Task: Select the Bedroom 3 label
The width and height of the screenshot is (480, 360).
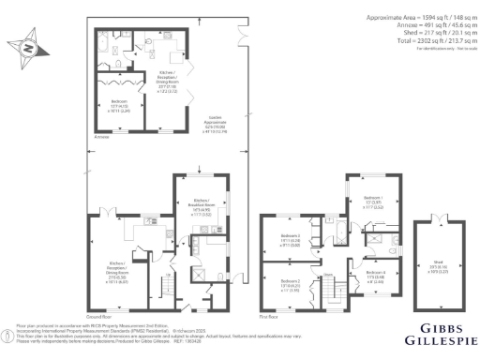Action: coord(289,238)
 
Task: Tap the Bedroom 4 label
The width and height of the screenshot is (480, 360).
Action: coord(368,276)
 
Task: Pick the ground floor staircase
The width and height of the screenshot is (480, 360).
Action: coord(169,281)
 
